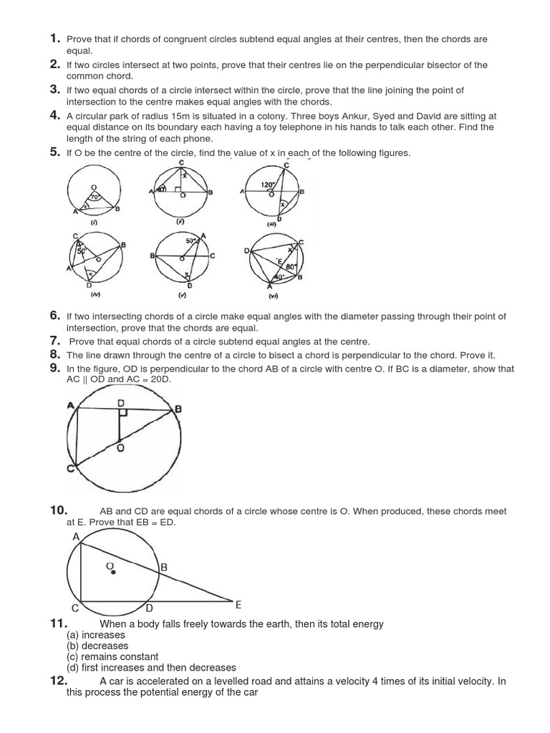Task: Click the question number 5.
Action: click(x=54, y=152)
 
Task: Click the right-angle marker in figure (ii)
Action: click(x=176, y=189)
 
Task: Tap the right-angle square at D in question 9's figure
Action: click(x=125, y=414)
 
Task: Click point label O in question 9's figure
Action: click(x=121, y=447)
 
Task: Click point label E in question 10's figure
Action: click(x=238, y=605)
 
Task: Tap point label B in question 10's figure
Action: click(x=164, y=568)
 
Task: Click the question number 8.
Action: click(x=54, y=354)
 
